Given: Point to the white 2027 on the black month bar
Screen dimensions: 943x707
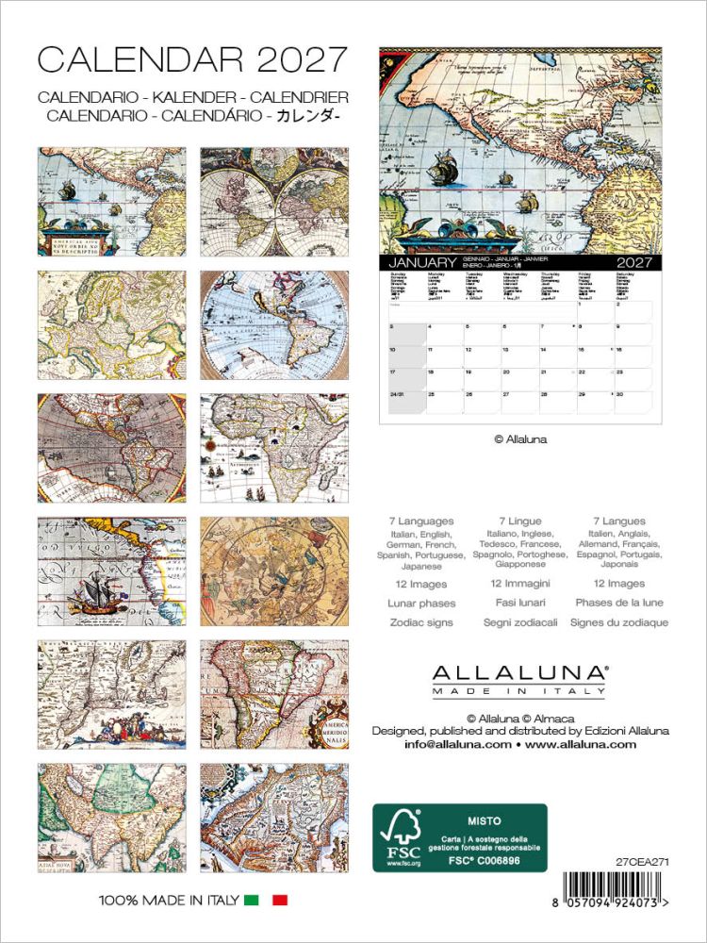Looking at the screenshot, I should (638, 262).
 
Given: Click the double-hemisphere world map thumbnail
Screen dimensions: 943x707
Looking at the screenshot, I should (274, 201).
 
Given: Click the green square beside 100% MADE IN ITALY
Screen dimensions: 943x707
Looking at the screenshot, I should (251, 901).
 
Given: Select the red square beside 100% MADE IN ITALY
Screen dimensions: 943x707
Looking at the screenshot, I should (279, 901).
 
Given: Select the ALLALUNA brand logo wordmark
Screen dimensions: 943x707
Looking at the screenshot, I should (518, 672).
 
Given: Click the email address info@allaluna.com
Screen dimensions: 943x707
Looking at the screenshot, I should (457, 744).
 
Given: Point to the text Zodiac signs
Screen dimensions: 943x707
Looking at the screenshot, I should (421, 622).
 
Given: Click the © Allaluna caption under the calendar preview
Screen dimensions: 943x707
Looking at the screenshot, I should (520, 438).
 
